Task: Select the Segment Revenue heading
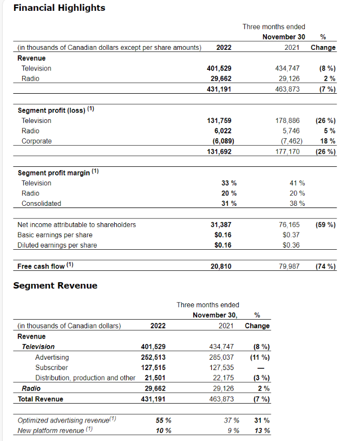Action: click(55, 286)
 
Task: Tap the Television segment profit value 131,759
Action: click(220, 121)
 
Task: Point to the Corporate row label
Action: click(37, 141)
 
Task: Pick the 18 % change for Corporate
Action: click(329, 141)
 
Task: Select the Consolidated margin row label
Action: click(41, 204)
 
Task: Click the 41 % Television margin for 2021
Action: click(298, 183)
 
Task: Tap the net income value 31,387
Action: click(221, 225)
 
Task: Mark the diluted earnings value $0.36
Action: click(291, 245)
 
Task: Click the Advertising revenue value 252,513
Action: click(153, 358)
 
